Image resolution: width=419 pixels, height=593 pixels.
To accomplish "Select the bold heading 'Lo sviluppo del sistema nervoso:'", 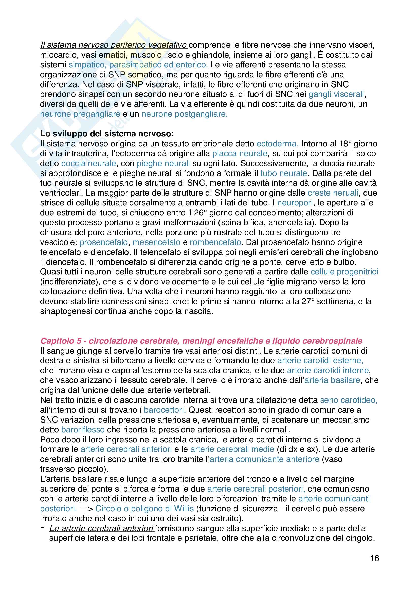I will [107, 134].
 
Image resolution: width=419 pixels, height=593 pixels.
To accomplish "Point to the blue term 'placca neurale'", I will [240, 153].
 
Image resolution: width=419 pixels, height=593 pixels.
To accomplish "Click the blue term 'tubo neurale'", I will [283, 173].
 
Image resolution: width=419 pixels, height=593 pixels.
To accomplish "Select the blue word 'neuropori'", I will [295, 203].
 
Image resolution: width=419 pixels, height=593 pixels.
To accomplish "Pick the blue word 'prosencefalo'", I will [103, 242].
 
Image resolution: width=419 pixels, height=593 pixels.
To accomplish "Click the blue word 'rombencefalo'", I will [215, 242].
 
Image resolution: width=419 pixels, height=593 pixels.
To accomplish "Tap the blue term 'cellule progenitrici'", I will [344, 272].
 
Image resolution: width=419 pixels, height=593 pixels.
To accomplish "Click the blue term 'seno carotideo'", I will [349, 400].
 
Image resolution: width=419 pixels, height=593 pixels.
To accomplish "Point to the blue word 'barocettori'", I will [165, 410].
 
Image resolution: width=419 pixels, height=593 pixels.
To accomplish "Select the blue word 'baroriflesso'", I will [83, 429].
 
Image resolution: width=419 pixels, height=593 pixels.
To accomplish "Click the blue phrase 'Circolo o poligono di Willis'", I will [144, 509].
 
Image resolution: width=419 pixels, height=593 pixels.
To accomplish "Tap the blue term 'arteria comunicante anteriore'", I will [265, 459].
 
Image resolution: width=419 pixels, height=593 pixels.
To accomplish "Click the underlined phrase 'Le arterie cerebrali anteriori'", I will [102, 528].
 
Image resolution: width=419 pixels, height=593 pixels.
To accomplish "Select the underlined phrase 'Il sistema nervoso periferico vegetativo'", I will [114, 45].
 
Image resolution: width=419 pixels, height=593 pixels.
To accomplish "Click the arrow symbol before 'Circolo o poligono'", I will [86, 509].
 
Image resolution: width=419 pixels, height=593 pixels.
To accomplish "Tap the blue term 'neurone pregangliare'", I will [80, 114].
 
